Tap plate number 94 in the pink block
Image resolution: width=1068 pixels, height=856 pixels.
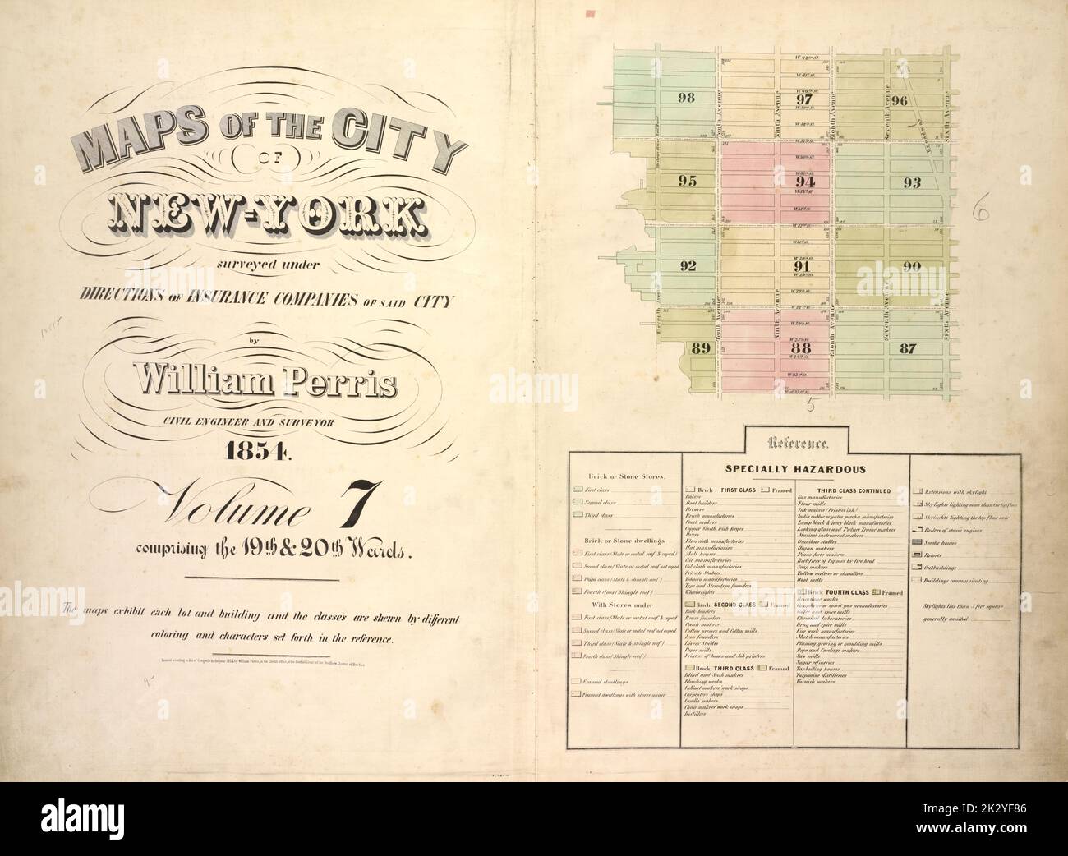click(x=804, y=182)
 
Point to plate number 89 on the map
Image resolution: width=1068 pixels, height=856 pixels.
click(x=700, y=348)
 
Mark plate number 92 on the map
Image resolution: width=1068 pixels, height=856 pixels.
click(x=688, y=265)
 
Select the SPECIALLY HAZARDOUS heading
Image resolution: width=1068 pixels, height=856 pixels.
click(x=792, y=470)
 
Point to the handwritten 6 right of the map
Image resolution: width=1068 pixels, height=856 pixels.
click(x=978, y=213)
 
